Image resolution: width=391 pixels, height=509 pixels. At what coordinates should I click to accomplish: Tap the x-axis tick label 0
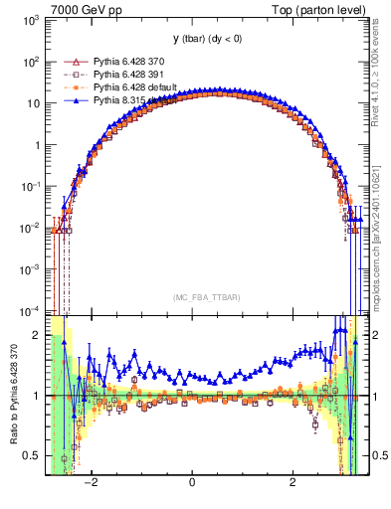[x=192, y=483]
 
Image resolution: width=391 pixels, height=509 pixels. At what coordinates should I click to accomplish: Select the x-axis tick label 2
[x=293, y=483]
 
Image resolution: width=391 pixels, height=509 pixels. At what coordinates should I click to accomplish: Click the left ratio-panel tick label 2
[x=39, y=335]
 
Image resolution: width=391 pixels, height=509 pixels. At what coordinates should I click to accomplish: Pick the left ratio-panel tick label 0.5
[x=35, y=455]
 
